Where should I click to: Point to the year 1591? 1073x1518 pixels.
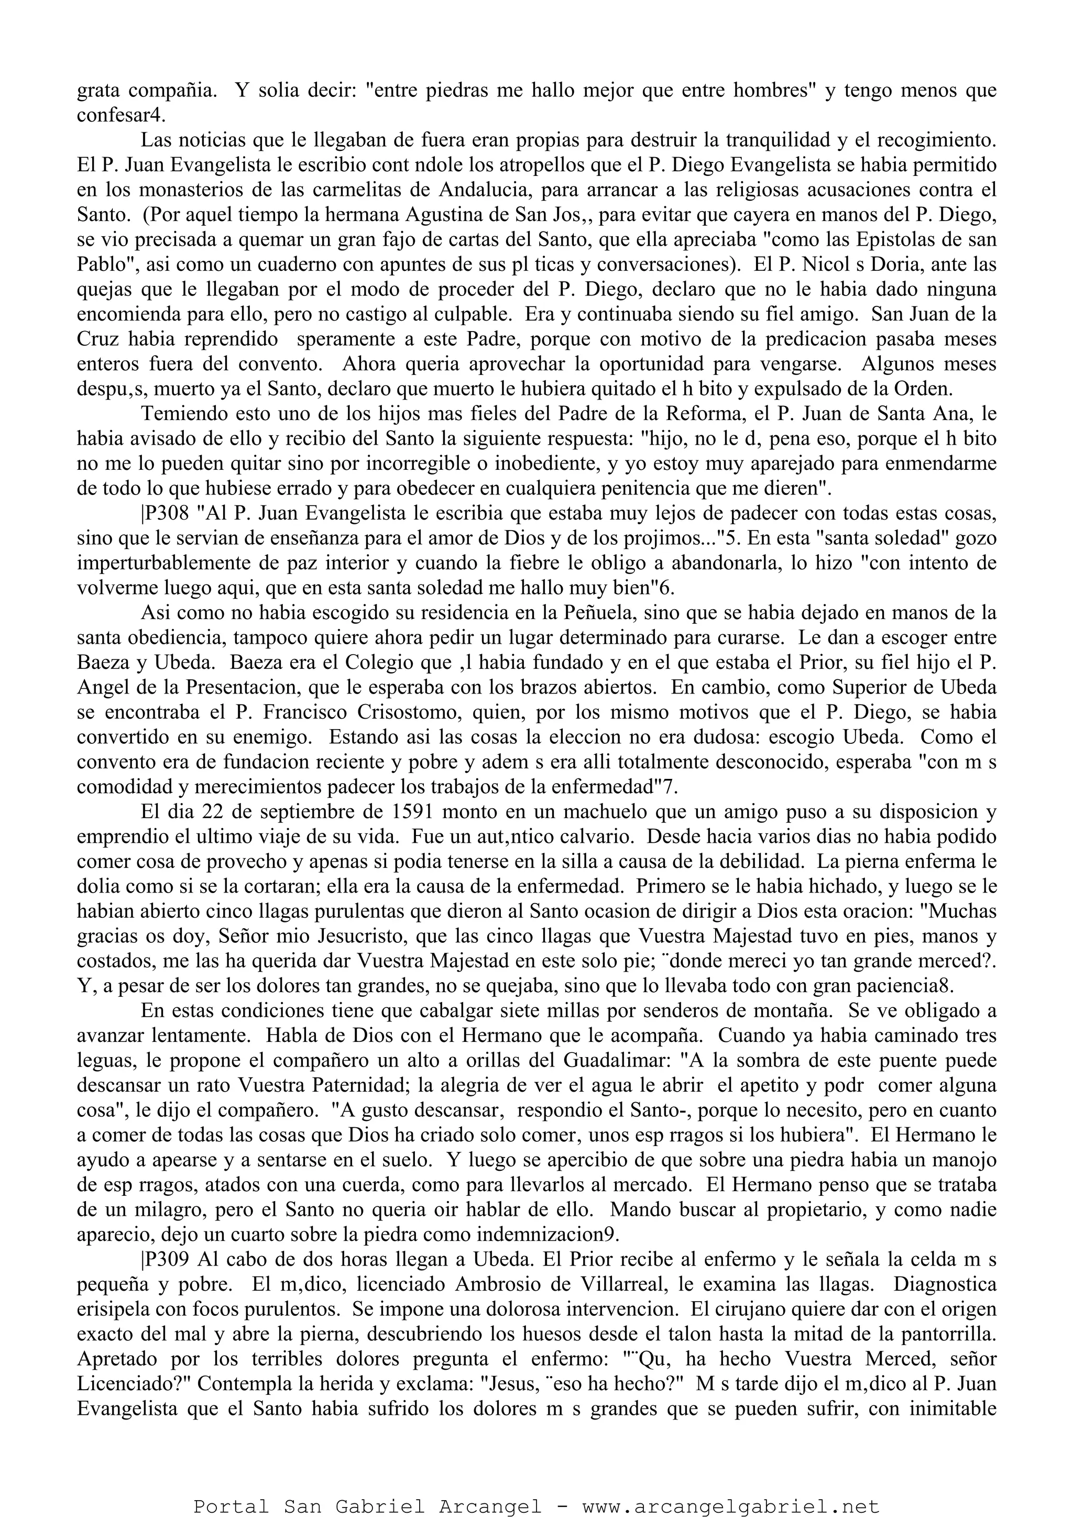(x=414, y=811)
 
